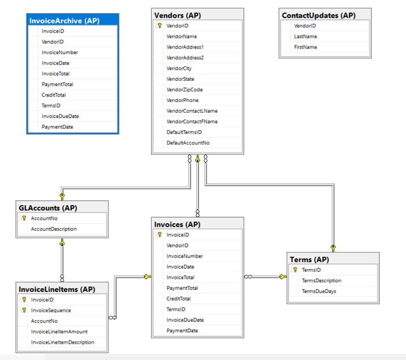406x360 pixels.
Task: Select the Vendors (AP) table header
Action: pos(177,15)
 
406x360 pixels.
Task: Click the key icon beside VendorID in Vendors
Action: pos(160,26)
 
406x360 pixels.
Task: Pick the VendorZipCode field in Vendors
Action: pos(185,90)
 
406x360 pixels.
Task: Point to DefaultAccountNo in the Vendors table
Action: pos(188,143)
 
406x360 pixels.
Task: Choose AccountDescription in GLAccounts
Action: pos(54,229)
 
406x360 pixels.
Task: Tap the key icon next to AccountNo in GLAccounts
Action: pos(24,218)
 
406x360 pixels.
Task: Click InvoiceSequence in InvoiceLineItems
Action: pos(51,310)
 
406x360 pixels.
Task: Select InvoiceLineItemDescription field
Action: pos(62,342)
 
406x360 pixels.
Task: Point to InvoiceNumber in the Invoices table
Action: pos(185,256)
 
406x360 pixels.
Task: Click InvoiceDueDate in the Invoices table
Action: pos(185,320)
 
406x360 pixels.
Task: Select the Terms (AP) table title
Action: pos(309,260)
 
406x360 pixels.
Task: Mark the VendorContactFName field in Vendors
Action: pos(192,122)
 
